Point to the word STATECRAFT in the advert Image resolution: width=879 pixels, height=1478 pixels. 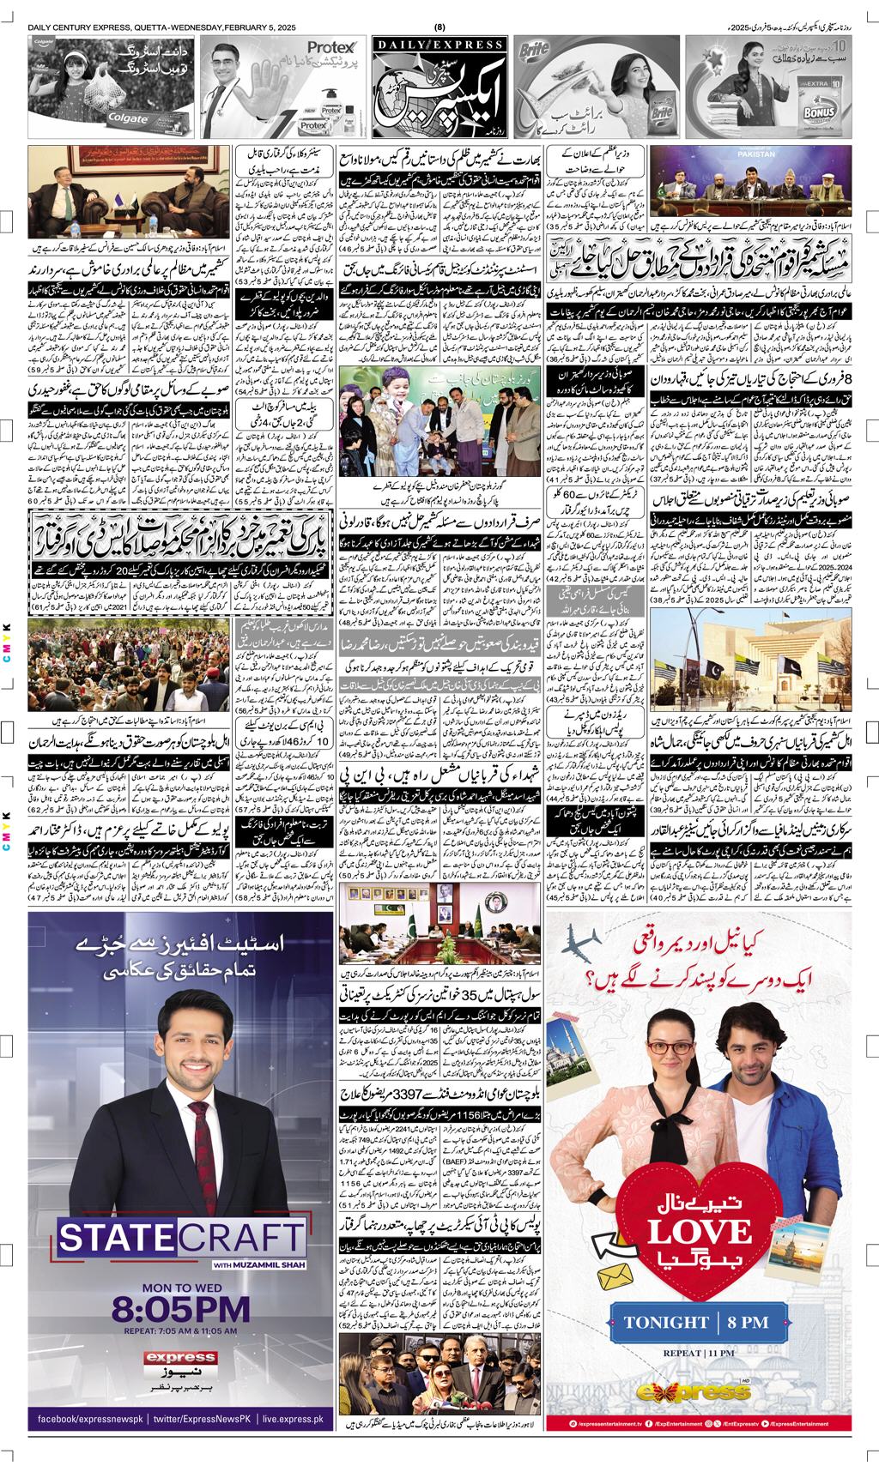coord(181,1239)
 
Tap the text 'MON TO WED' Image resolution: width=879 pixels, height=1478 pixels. coord(181,1282)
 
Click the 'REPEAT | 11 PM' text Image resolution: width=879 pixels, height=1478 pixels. coord(696,1376)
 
